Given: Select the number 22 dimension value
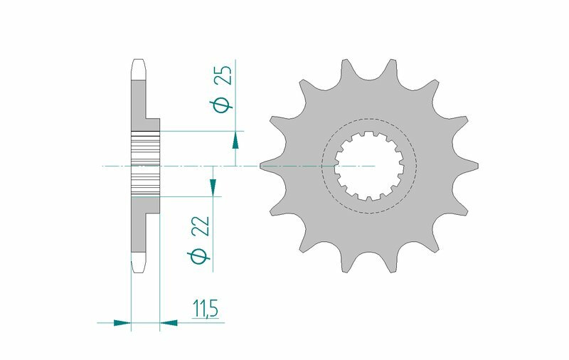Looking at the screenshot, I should [x=201, y=228].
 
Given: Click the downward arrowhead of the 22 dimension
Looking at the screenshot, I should [x=211, y=186].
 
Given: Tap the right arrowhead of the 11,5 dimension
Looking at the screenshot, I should [x=169, y=322].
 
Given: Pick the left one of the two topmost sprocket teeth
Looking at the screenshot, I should [x=347, y=70].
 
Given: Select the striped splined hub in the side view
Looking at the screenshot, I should [x=146, y=165].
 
